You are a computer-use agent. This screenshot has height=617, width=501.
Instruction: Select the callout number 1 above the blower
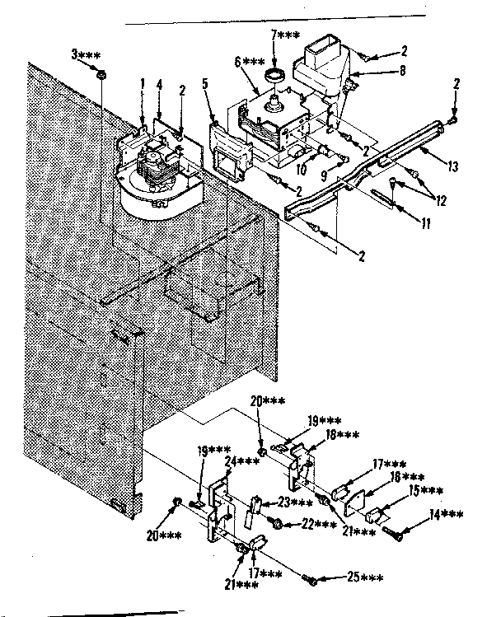(142, 82)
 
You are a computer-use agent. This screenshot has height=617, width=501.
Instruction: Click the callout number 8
(401, 72)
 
